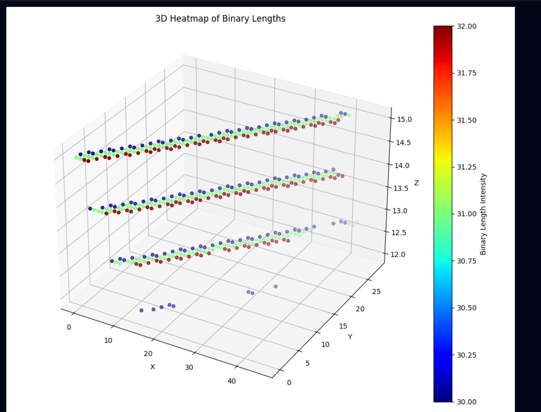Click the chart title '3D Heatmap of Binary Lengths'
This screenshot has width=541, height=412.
220,19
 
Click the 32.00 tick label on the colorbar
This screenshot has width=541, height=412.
466,26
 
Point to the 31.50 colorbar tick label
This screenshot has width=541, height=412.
466,120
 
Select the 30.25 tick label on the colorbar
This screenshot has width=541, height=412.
466,355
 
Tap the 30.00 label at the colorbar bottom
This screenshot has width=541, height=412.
466,402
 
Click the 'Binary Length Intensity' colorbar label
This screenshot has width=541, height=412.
483,214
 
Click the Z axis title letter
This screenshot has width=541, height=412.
416,183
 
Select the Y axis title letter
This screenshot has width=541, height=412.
350,337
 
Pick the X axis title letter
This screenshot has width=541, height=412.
152,367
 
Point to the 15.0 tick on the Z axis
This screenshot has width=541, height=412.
404,119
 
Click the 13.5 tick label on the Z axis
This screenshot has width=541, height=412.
401,188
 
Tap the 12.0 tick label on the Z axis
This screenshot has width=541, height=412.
398,255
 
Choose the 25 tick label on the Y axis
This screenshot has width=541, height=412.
376,291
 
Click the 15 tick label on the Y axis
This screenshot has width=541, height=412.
343,326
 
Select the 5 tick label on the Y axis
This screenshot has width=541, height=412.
307,363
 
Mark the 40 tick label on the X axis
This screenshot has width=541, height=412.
232,381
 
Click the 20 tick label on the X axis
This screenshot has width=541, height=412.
148,354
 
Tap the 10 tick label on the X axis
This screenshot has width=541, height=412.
108,341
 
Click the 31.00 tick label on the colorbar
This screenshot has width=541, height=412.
466,214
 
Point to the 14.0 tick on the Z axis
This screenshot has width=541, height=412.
402,166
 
